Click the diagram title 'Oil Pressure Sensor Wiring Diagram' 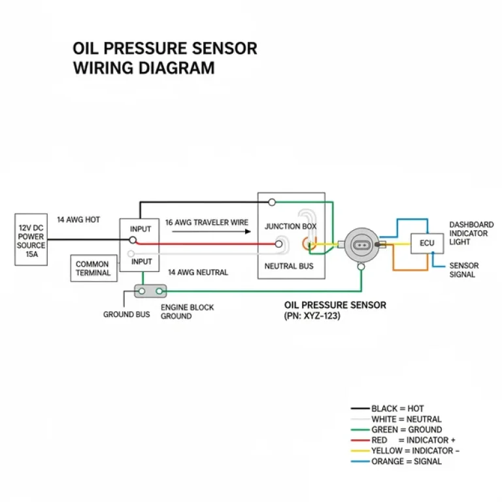(x=165, y=58)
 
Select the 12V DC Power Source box (x=31, y=239)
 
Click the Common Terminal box (x=92, y=269)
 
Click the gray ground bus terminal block (x=150, y=290)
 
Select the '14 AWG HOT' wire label (x=78, y=220)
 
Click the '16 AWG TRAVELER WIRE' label (x=207, y=222)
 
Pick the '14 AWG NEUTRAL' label (x=198, y=272)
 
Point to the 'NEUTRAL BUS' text (x=290, y=267)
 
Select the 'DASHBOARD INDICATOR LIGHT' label (x=471, y=233)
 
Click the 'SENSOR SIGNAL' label (x=463, y=270)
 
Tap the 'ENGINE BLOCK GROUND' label (x=187, y=312)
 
